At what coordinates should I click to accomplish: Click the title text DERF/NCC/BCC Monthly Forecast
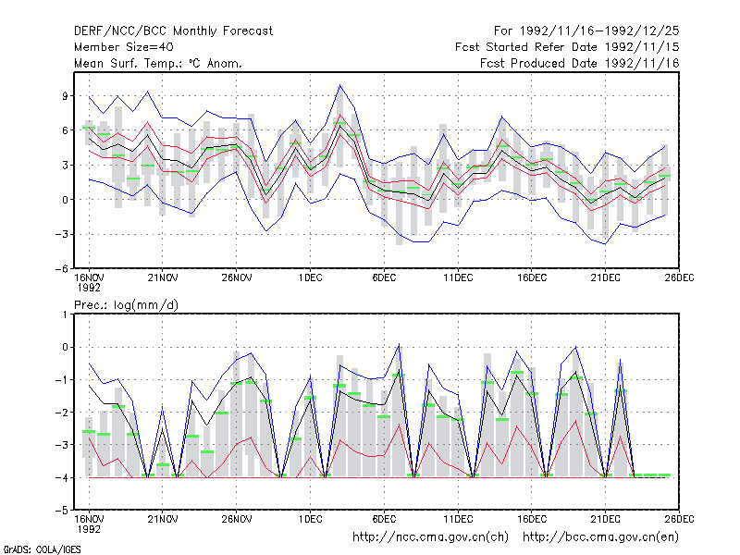173,31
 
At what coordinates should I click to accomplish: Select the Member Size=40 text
124,47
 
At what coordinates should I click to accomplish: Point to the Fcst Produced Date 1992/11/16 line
580,63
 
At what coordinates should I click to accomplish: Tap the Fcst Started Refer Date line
567,47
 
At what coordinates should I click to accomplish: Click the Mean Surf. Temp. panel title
158,63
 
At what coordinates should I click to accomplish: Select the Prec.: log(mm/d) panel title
126,305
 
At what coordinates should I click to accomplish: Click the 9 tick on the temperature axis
65,96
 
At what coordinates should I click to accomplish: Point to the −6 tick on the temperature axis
61,268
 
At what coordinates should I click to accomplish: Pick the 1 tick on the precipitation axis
65,314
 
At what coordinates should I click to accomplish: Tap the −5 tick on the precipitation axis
61,511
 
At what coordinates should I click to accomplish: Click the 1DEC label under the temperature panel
310,278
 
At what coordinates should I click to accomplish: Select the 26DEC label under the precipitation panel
679,519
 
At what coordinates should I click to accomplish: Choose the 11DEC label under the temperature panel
458,278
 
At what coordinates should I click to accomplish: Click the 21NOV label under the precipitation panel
163,519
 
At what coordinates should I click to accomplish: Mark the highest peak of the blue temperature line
339,85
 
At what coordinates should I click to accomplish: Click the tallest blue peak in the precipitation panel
399,343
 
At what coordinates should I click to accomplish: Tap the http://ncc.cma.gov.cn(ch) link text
430,537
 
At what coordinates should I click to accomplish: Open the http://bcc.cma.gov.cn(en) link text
600,537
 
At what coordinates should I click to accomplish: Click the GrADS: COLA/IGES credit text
42,549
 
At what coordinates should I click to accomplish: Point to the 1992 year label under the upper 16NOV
89,288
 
